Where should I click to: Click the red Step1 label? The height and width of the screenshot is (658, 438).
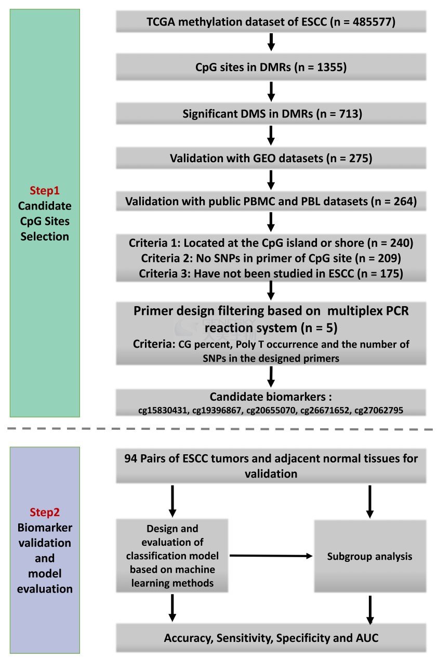coord(45,190)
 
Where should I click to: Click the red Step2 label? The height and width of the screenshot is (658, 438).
coord(45,512)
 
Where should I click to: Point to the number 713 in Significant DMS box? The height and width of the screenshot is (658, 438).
coord(349,114)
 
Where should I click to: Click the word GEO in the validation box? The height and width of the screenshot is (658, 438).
coord(264,159)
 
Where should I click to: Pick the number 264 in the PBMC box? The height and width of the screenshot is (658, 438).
coord(403,202)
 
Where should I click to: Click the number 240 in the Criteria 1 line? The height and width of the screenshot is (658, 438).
coord(400,243)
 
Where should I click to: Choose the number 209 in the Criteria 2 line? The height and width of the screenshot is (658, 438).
coord(387,258)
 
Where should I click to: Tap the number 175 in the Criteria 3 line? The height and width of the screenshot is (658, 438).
coord(390,273)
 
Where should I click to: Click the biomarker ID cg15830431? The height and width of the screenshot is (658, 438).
coord(162,410)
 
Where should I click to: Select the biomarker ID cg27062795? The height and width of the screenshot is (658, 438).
coord(379,410)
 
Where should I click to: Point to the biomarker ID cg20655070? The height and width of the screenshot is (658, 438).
coord(270,410)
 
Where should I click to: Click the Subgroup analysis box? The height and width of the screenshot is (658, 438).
coord(370,556)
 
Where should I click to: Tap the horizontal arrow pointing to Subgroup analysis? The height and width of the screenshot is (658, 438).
coord(271,556)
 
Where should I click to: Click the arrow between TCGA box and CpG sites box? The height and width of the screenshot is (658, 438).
coord(271,42)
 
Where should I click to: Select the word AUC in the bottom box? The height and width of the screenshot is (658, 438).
coord(367,638)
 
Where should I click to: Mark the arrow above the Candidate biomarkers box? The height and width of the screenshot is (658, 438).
coord(271,377)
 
